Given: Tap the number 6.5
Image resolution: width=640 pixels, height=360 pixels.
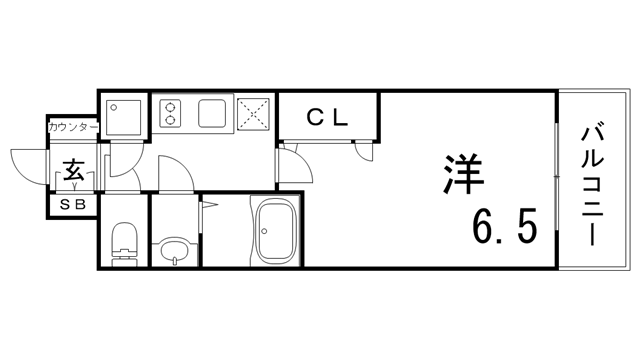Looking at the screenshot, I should (x=505, y=227).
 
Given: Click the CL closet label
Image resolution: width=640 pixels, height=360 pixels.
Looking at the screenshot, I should (x=327, y=118).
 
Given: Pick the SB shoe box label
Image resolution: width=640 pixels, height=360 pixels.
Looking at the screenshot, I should (x=74, y=205).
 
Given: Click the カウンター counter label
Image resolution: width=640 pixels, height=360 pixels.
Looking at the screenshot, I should (x=73, y=128).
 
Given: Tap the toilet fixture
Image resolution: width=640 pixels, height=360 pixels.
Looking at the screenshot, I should (x=125, y=240).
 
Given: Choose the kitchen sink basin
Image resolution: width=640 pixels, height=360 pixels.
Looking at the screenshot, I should (x=212, y=113).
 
